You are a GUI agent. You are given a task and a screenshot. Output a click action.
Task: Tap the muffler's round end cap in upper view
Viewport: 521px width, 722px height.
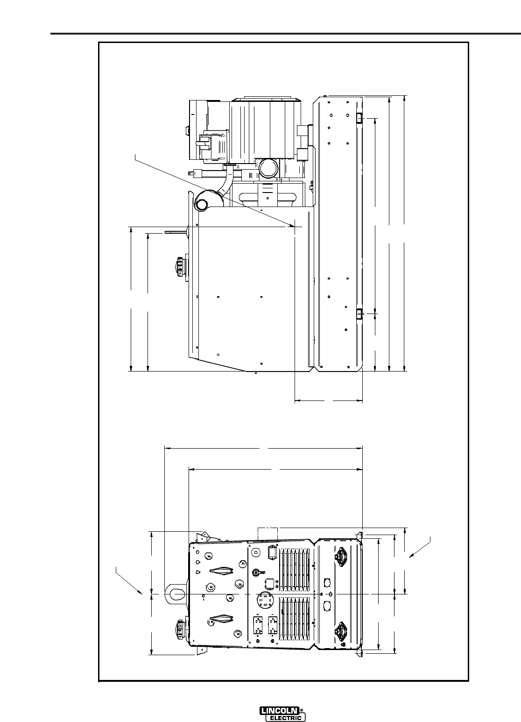(x=203, y=205)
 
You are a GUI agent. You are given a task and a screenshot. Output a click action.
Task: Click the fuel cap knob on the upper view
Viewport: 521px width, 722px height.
(x=179, y=267)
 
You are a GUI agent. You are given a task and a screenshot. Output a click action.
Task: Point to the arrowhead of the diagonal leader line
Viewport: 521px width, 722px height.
(x=292, y=226)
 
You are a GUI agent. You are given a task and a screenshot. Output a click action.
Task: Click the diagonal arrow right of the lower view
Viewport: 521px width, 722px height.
(x=420, y=546)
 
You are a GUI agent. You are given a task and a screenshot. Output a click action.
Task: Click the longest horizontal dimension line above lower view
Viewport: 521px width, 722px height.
(x=264, y=448)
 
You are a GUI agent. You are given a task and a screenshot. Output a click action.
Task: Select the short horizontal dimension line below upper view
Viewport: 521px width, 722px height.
(x=329, y=400)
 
